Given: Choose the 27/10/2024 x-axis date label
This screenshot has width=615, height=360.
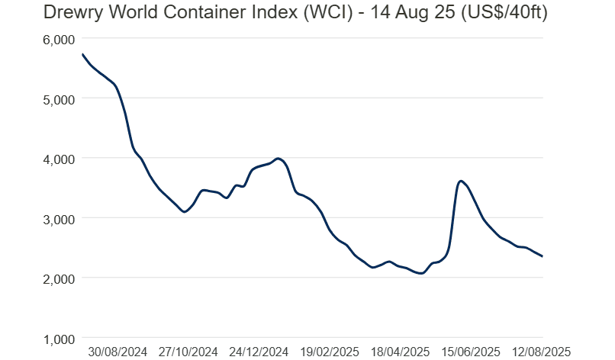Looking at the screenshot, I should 188,352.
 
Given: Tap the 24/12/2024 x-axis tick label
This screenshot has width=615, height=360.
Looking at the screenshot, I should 259,352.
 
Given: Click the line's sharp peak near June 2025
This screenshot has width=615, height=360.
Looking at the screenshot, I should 461,181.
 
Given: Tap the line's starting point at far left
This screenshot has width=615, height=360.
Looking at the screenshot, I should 82,54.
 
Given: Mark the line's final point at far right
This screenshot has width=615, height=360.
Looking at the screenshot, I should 543,256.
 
